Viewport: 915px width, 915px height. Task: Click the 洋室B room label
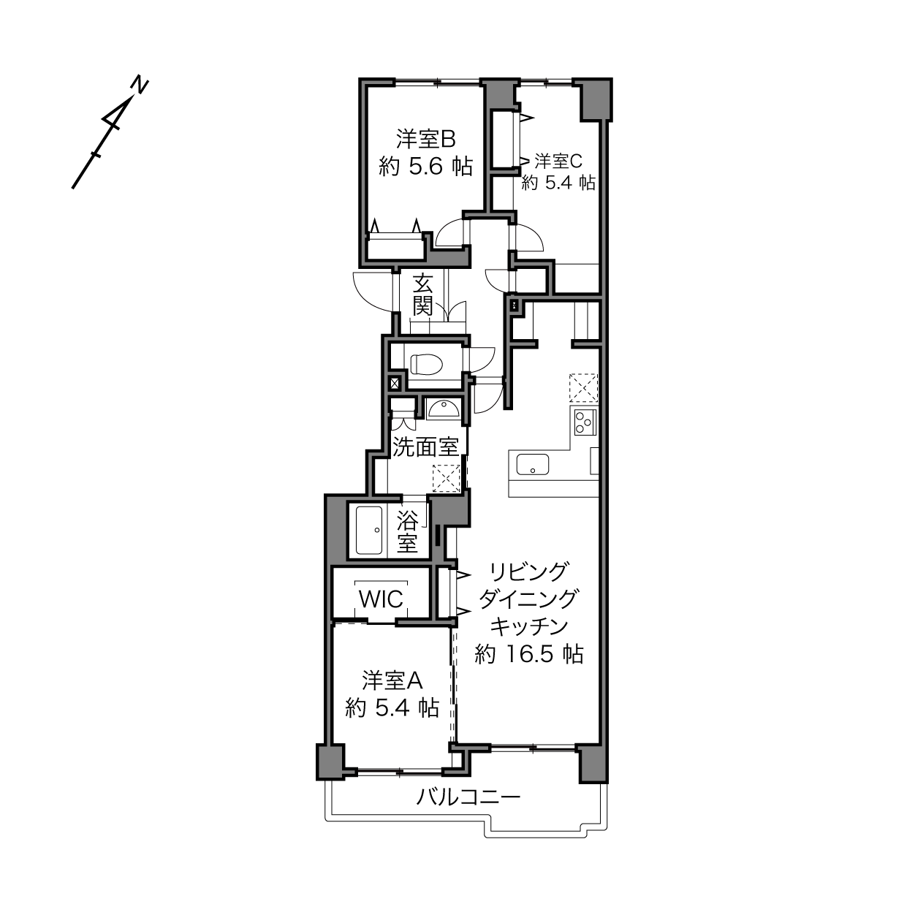tap(425, 140)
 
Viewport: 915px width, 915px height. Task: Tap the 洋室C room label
tap(558, 161)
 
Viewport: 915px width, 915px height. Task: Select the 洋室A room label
tap(392, 681)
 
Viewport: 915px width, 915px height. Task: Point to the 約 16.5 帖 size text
tap(529, 654)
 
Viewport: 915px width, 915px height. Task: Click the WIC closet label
tap(381, 599)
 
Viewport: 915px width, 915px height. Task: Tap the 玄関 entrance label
tap(422, 295)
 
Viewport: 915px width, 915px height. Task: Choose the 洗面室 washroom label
tap(425, 447)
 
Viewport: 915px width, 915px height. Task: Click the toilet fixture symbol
tap(426, 365)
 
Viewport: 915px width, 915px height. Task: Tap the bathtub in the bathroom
tap(369, 530)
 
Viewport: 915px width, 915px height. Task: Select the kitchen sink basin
tap(532, 464)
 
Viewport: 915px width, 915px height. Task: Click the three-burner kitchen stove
tap(585, 422)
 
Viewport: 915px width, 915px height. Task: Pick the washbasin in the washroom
tap(443, 409)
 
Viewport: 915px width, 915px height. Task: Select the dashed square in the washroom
tap(446, 479)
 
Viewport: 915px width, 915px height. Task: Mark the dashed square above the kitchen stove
tap(583, 387)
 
